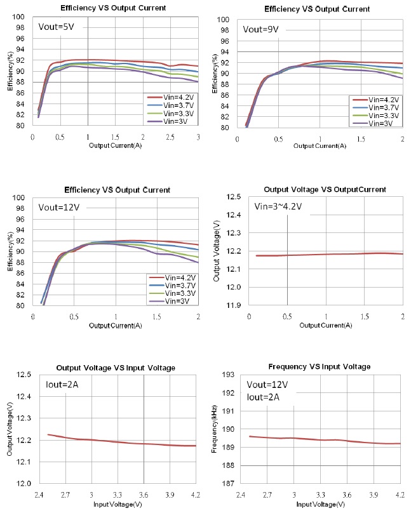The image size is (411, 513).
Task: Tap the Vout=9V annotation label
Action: click(x=260, y=29)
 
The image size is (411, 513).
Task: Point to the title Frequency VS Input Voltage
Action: click(x=320, y=367)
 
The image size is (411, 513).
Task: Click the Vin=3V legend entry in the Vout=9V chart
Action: click(x=379, y=123)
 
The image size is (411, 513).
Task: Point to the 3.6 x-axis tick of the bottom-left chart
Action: click(x=144, y=494)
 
